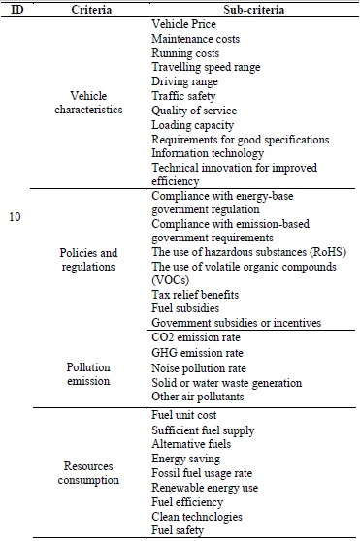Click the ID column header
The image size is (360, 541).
click(16, 8)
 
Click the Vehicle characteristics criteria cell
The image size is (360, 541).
click(96, 103)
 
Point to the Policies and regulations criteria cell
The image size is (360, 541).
click(96, 259)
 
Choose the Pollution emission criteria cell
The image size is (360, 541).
click(96, 375)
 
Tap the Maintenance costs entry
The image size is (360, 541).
click(195, 38)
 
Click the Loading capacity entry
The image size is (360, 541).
click(193, 124)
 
